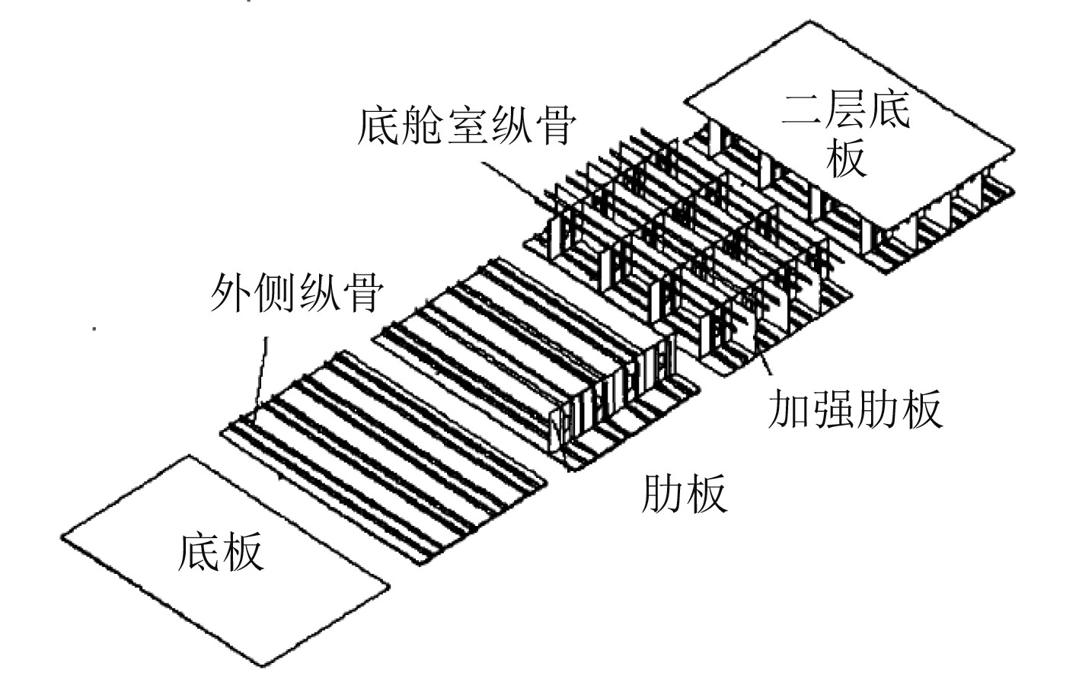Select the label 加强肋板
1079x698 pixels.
click(x=855, y=409)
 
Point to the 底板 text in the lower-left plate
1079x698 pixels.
click(x=221, y=551)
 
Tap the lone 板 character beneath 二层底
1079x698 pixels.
click(x=846, y=158)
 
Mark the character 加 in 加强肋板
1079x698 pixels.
click(x=790, y=409)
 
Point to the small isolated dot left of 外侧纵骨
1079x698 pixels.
click(x=94, y=329)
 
